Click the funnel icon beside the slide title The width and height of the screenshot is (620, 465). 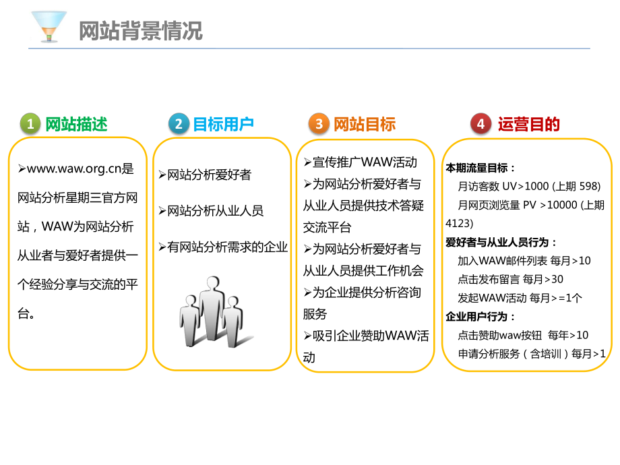pos(49,26)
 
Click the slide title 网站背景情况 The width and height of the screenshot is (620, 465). pos(140,31)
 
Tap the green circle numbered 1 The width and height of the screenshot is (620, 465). pos(30,124)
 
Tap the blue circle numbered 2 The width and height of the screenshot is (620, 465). pos(178,124)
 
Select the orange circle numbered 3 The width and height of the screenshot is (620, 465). pos(319,124)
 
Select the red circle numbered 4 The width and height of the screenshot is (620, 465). pos(480,124)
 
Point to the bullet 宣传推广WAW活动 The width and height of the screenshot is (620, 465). pos(365,162)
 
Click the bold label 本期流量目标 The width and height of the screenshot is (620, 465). pos(480,168)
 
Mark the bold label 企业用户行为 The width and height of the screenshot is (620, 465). pos(480,316)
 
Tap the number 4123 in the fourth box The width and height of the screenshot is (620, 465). pos(459,222)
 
